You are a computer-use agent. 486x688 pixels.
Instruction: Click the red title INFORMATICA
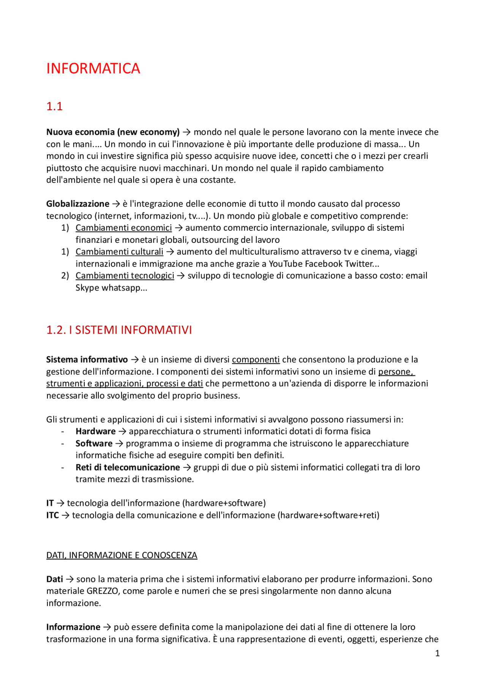(93, 69)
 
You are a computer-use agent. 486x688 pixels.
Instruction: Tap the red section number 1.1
(54, 106)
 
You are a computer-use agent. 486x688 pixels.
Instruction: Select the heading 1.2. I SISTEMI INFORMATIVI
(119, 330)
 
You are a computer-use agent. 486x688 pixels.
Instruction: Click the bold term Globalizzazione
(77, 204)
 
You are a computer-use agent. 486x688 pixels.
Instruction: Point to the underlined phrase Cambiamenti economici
(123, 228)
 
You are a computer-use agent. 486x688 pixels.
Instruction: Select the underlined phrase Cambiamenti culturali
(119, 252)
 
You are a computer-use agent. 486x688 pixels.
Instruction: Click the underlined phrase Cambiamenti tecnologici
(125, 276)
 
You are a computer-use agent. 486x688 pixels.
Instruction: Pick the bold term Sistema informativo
(87, 360)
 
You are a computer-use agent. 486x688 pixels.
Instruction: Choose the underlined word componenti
(256, 360)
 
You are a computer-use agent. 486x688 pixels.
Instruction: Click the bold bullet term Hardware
(95, 432)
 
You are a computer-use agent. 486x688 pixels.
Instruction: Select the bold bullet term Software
(94, 444)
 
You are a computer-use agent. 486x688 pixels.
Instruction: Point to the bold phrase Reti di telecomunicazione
(128, 468)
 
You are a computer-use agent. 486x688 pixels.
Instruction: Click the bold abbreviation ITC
(52, 516)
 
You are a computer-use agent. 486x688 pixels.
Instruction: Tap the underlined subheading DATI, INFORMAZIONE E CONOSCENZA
(121, 555)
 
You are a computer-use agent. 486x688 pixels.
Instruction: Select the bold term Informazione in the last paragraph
(73, 627)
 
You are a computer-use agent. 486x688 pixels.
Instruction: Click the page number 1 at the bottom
(437, 653)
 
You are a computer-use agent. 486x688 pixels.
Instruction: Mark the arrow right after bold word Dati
(69, 579)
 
